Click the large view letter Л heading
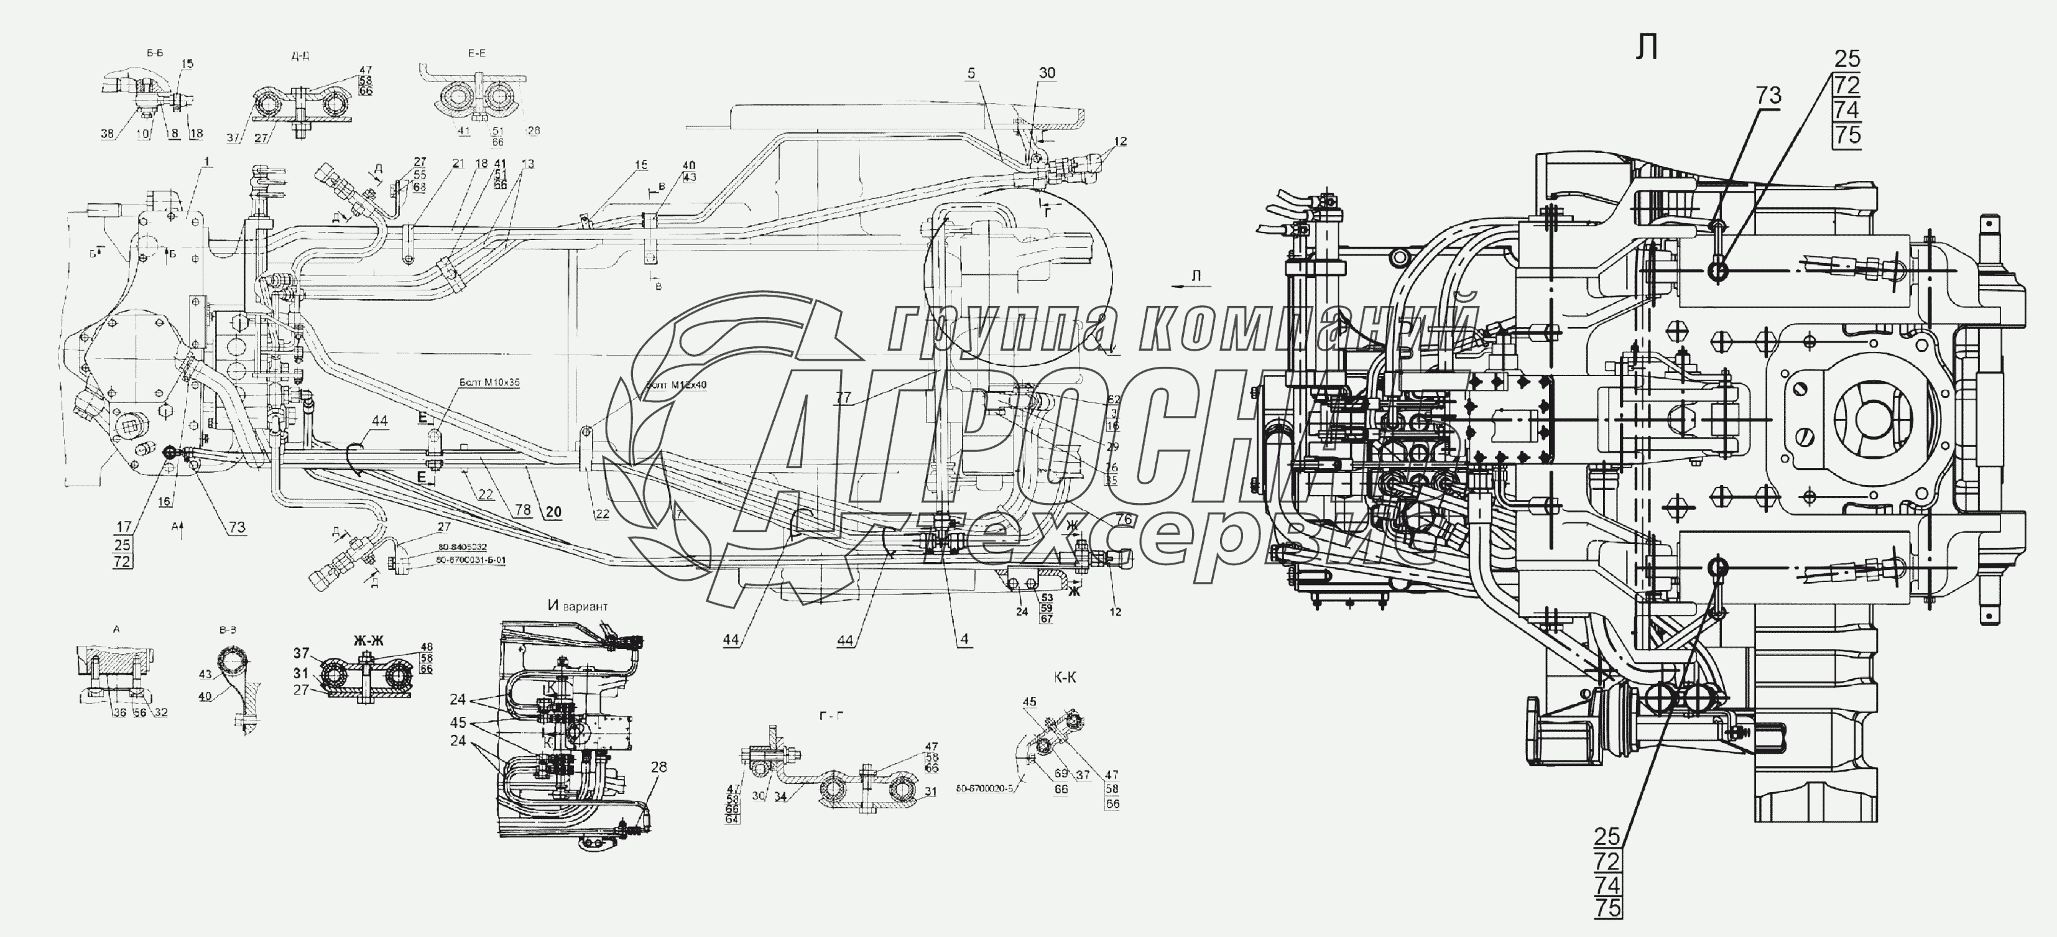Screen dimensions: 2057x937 [x=1647, y=48]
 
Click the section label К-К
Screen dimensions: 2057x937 [x=1065, y=678]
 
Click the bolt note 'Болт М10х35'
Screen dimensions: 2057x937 [x=489, y=382]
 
